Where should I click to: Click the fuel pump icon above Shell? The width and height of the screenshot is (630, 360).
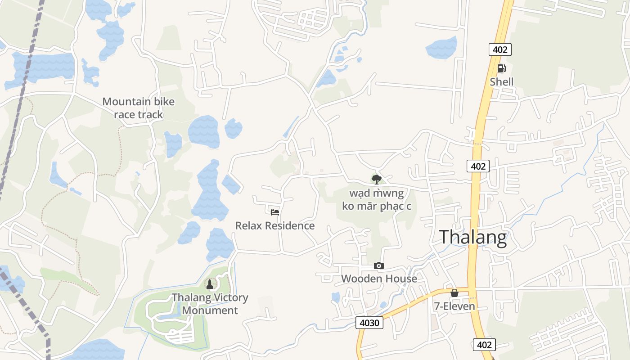tap(501, 68)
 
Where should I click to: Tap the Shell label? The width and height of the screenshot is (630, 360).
tap(501, 82)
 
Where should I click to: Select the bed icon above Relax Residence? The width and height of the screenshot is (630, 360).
tap(275, 212)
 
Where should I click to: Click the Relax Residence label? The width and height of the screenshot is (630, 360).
tap(275, 225)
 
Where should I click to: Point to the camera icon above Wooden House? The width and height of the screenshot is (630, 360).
tap(379, 265)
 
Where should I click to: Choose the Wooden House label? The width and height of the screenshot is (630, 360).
tap(379, 279)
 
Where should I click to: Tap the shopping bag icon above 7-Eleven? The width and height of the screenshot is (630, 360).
tap(454, 293)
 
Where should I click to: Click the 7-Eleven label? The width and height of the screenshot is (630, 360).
tap(454, 306)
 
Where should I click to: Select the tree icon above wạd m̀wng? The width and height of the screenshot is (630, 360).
tap(377, 180)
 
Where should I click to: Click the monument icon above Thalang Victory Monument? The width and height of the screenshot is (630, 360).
tap(209, 284)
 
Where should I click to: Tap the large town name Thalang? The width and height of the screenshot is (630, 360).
tap(473, 237)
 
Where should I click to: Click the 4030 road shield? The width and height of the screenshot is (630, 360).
tap(370, 322)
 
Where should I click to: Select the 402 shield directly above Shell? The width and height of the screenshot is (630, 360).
tap(500, 49)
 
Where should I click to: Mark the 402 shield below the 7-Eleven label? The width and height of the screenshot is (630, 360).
tap(484, 345)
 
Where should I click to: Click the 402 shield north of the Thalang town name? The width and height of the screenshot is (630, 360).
tap(478, 166)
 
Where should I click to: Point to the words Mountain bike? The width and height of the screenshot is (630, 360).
tap(138, 101)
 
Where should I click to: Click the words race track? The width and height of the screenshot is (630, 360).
tap(138, 114)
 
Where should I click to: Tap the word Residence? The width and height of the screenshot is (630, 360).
tap(292, 225)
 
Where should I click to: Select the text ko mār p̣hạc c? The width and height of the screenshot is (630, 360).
tap(380, 206)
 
